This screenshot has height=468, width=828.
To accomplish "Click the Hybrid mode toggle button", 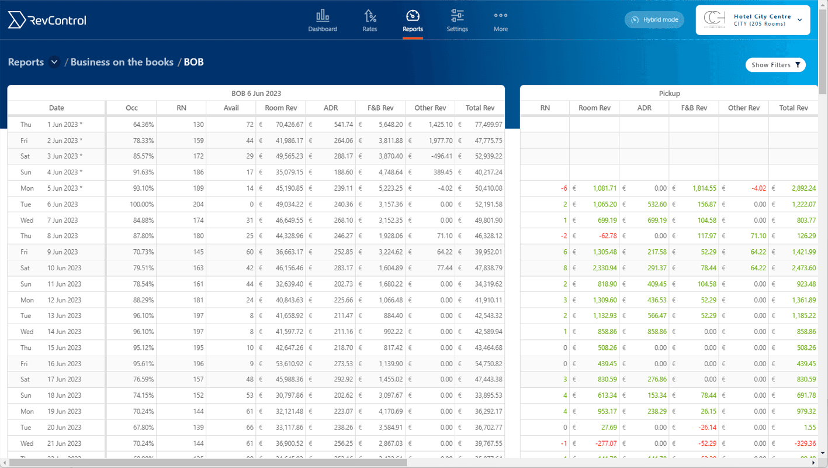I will [654, 20].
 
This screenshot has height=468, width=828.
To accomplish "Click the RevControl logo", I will [47, 20].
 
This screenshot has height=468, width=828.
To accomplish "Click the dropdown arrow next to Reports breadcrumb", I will [54, 62].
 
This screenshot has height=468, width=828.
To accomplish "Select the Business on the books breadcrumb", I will [122, 62].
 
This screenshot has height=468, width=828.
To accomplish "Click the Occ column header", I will [131, 108].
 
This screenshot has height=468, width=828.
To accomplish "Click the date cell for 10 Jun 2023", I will [63, 268].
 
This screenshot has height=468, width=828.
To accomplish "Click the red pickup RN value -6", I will [563, 188].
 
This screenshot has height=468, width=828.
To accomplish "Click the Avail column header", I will [231, 108].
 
